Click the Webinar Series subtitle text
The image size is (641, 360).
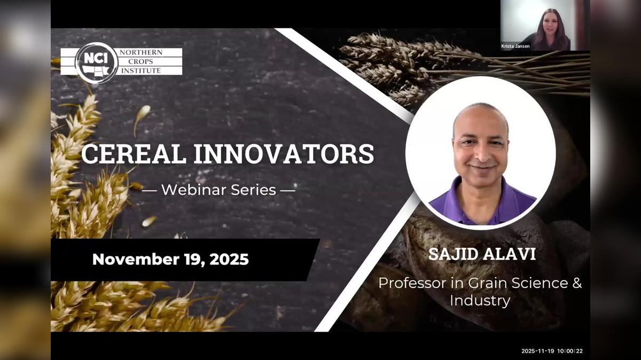click(218, 189)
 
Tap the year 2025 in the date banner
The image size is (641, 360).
click(229, 260)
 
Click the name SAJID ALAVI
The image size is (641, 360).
click(482, 254)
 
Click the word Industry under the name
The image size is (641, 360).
click(480, 300)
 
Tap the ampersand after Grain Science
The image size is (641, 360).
click(577, 283)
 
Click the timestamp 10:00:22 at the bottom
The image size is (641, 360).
click(569, 351)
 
